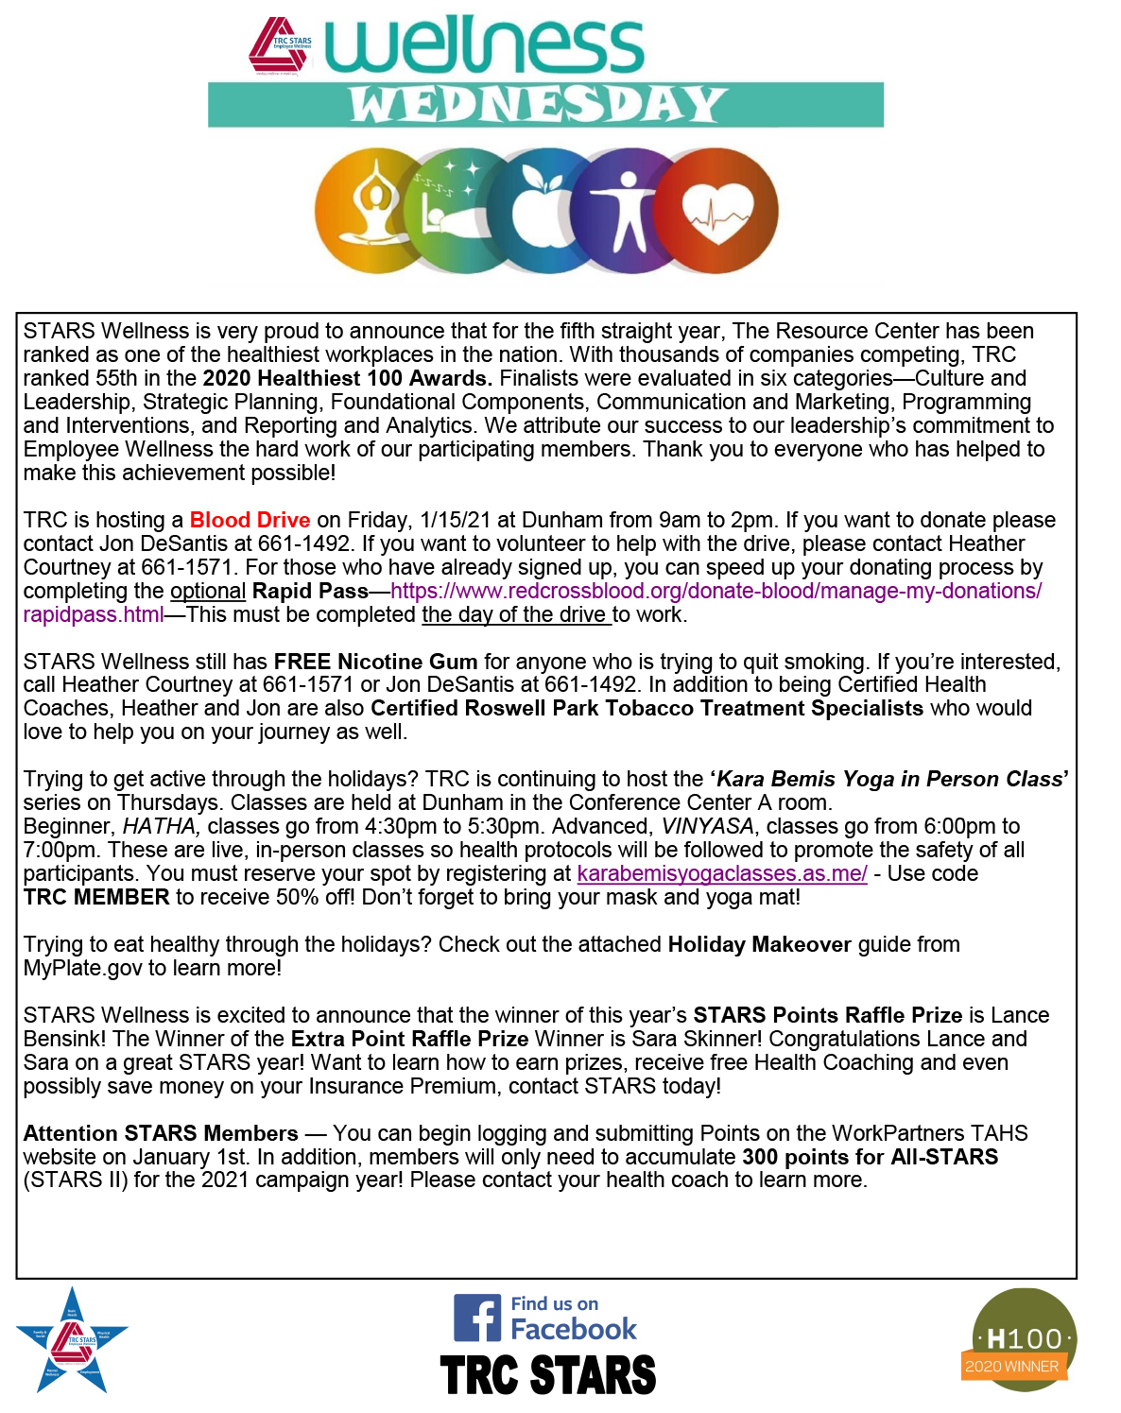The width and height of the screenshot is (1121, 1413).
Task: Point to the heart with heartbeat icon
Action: point(717,212)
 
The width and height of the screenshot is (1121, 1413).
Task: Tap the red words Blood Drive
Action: point(250,520)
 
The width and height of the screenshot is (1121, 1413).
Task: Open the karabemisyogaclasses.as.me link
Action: point(722,873)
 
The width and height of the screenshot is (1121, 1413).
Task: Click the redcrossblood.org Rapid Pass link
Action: point(716,591)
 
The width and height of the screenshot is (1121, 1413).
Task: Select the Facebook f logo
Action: point(477,1318)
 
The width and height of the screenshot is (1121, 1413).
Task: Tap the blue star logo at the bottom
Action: point(72,1341)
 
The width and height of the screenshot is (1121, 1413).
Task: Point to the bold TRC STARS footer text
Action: point(548,1375)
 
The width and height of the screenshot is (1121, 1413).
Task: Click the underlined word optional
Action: point(208,591)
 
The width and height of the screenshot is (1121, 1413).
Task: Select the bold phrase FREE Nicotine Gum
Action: point(375,662)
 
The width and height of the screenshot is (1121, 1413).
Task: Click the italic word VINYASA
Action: point(707,826)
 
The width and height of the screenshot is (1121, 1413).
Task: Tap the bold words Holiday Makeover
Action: point(759,944)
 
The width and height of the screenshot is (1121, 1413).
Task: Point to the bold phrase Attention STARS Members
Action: point(161,1133)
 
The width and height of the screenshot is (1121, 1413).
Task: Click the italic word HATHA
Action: point(161,826)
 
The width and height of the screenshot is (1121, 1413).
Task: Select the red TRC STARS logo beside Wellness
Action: point(281,45)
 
